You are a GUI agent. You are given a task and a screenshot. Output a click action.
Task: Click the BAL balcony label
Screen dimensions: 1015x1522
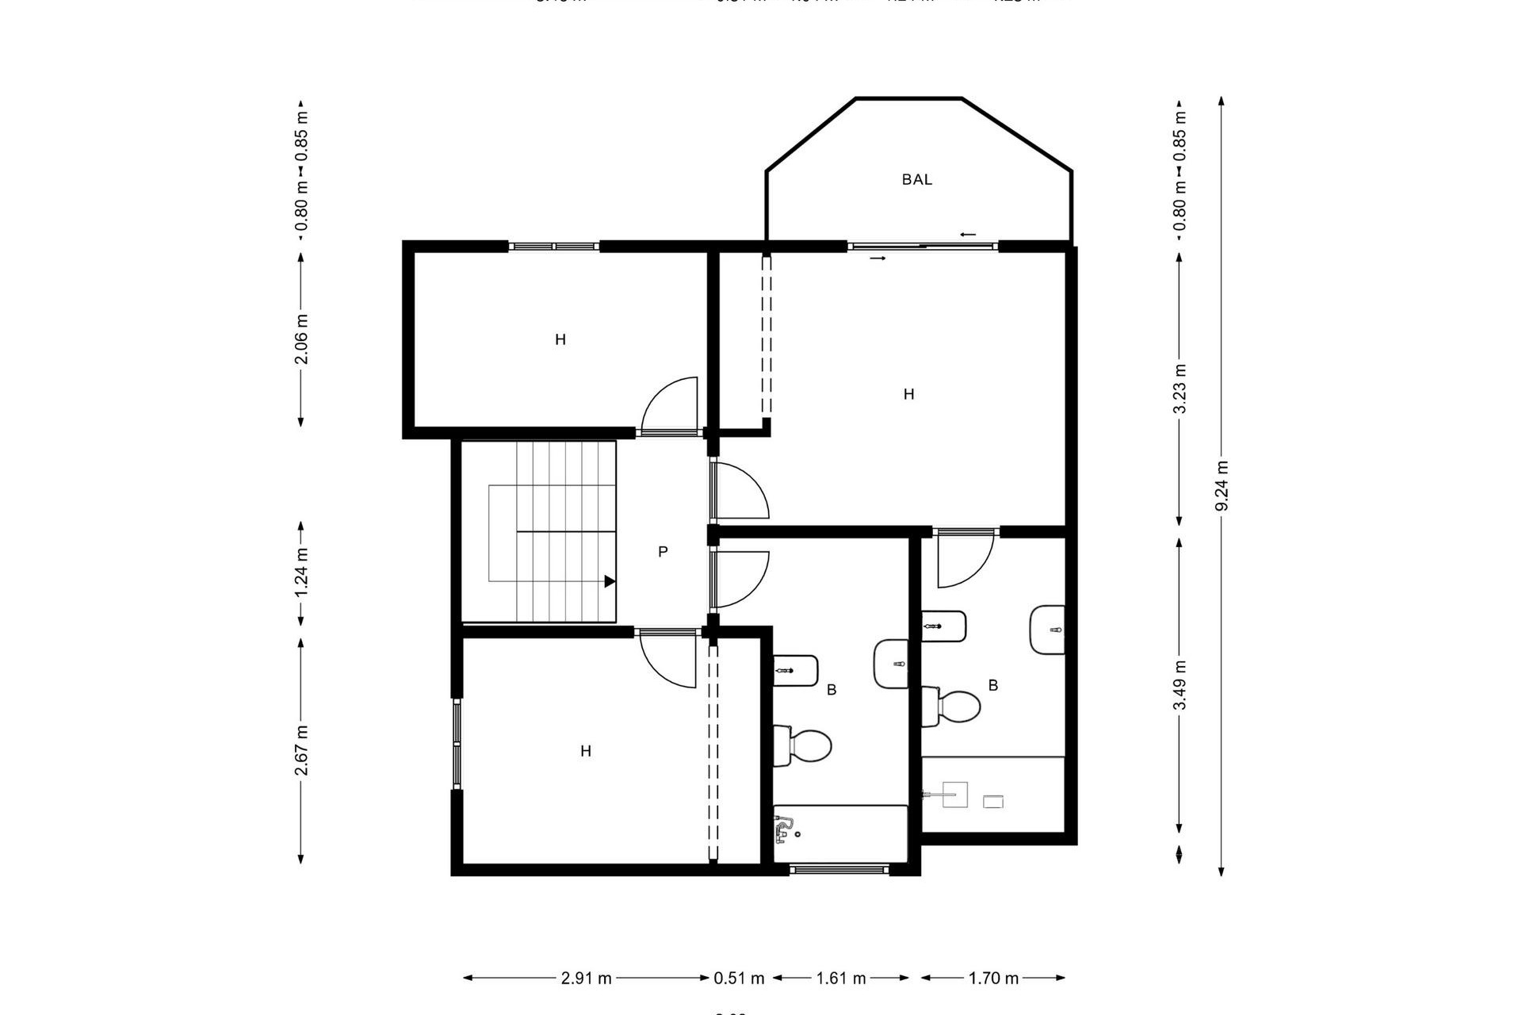click(x=916, y=180)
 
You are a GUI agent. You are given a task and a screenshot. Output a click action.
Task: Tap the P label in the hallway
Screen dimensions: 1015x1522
click(x=663, y=552)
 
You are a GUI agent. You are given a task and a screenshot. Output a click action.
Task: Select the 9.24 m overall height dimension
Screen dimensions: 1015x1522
click(x=1222, y=486)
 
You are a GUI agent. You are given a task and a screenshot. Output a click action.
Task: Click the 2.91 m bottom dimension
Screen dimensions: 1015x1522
click(x=587, y=979)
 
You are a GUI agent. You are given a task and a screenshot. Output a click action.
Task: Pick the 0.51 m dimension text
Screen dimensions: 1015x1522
click(x=739, y=979)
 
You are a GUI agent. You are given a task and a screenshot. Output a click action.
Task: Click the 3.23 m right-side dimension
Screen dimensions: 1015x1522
click(x=1180, y=389)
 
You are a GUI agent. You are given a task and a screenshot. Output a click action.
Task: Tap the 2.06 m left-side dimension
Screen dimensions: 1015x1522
click(x=301, y=339)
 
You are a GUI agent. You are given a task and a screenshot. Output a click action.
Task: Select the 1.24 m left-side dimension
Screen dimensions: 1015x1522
click(x=301, y=573)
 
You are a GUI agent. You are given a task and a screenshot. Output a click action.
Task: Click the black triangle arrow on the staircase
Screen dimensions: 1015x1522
click(x=610, y=581)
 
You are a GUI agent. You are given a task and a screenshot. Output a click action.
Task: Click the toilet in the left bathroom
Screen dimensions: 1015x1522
click(x=804, y=745)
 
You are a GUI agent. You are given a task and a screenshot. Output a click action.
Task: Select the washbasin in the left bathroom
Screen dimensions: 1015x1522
click(x=891, y=664)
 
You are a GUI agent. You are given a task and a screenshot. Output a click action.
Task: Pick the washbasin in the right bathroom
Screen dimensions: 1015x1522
click(x=1048, y=630)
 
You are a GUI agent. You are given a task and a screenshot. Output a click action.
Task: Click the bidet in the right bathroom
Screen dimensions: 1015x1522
click(x=944, y=626)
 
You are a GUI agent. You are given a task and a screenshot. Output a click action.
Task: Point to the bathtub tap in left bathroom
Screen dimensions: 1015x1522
click(x=784, y=829)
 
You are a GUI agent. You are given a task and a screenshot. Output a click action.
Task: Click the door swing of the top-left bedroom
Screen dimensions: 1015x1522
click(x=670, y=406)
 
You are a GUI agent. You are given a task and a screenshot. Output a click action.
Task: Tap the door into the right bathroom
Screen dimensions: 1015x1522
click(x=965, y=559)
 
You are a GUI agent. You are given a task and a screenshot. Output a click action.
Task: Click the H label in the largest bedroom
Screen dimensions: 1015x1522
click(x=908, y=394)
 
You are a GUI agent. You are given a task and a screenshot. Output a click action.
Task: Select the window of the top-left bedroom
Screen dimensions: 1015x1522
click(x=553, y=247)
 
